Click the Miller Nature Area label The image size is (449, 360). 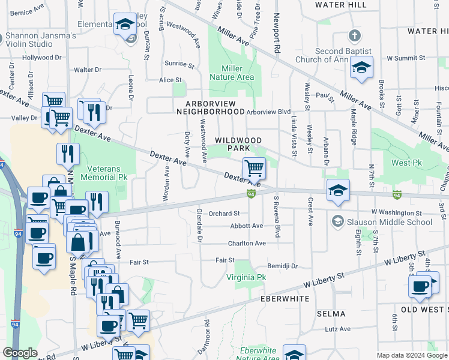click(235, 73)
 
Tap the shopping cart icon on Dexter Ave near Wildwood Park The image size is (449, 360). click(255, 167)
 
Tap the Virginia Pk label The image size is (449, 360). click(246, 278)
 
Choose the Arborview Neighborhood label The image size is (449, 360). click(215, 107)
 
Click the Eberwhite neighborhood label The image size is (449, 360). click(285, 298)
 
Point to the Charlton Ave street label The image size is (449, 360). click(246, 244)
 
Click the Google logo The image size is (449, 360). click(20, 353)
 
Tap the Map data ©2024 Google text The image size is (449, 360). click(412, 355)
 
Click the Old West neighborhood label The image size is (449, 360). click(424, 309)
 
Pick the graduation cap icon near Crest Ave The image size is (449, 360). click(338, 190)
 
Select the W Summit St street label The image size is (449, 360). click(406, 58)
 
